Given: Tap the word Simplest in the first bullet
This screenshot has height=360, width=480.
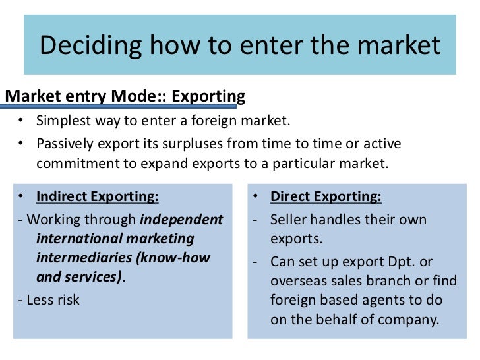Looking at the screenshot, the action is coord(63,121).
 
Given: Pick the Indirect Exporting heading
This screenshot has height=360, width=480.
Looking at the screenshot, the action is coord(97,196).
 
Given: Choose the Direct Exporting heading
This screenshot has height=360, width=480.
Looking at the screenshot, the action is coord(326,196).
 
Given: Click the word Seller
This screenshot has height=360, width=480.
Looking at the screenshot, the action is coord(290,219).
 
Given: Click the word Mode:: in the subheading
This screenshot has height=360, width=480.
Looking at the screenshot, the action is coord(135,96).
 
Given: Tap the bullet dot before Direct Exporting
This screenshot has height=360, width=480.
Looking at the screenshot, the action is coord(256,196).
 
